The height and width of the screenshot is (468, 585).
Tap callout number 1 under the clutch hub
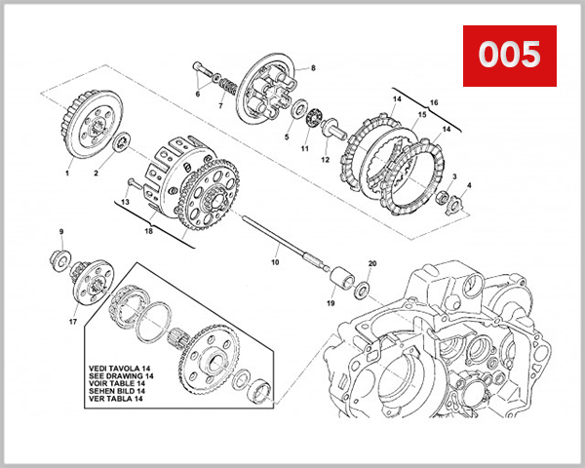(x=67, y=173)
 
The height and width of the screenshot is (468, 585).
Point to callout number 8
(x=313, y=67)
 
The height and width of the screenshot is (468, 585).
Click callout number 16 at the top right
(x=434, y=101)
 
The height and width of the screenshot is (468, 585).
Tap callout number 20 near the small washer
(x=371, y=264)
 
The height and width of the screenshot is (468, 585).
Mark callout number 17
(x=72, y=321)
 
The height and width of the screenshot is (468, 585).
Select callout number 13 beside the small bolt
(x=124, y=202)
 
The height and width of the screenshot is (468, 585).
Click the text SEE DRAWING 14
(x=115, y=375)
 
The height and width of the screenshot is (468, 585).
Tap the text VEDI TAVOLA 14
(x=115, y=368)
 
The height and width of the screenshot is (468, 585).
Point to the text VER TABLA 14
(x=113, y=400)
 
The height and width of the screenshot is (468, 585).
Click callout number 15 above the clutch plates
(x=421, y=115)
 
